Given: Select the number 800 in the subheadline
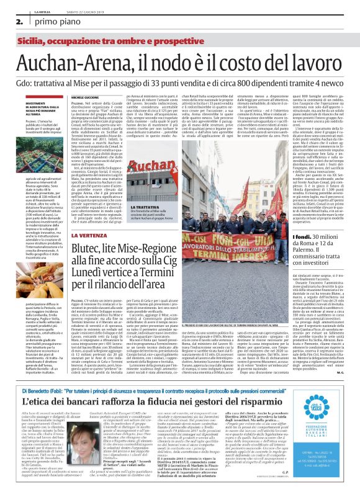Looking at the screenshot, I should tap(254, 82).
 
